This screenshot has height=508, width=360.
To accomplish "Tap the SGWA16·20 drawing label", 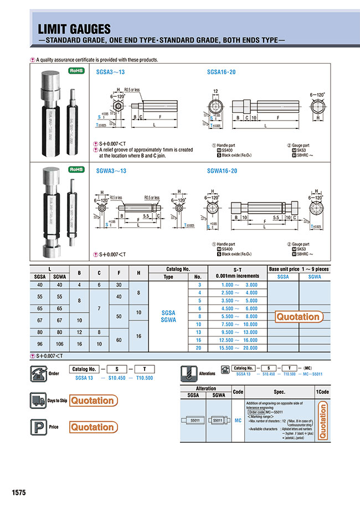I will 222,171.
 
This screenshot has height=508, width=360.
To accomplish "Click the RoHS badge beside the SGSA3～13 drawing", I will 76,71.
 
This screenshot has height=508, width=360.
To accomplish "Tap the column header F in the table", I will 117,272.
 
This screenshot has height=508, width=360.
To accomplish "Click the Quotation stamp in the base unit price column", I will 299,317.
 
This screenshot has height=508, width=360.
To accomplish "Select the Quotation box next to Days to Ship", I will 92,401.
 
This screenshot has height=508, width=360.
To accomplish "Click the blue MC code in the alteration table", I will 238,421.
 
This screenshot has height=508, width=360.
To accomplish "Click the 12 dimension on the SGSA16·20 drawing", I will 215,90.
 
